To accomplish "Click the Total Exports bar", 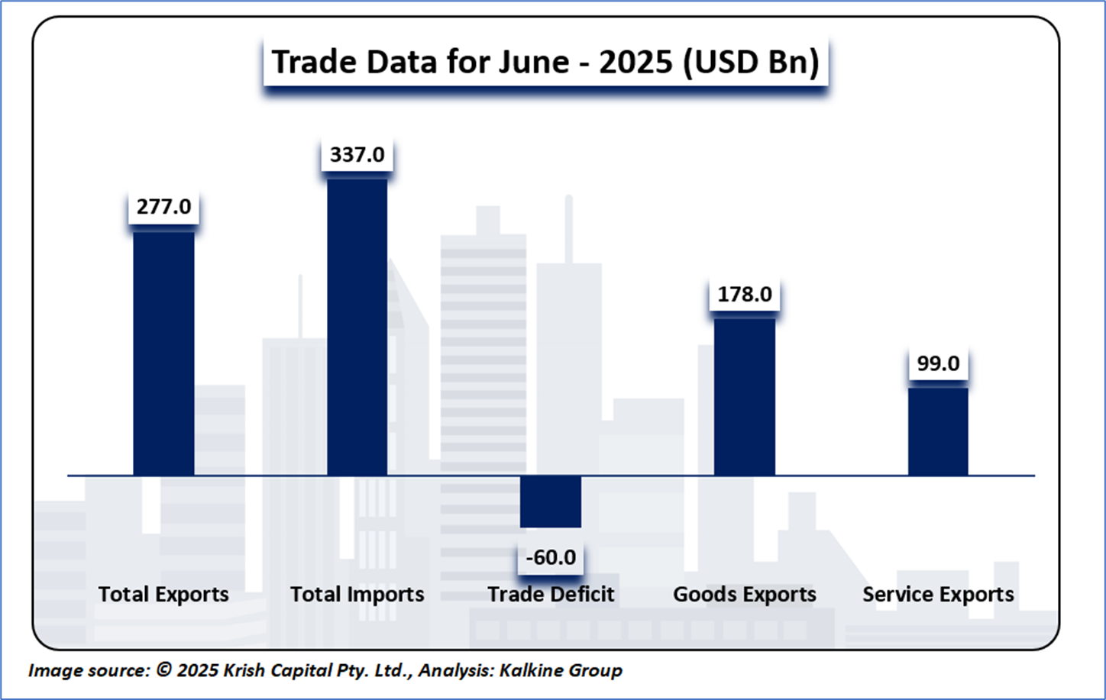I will coord(163,353).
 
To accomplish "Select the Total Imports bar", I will coord(357,327).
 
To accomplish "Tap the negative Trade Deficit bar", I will coord(551,502).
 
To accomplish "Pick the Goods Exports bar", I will coord(744,396).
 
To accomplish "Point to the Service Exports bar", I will coord(938,431).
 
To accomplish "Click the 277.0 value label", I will coord(163,207).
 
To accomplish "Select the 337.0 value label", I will coord(357,155).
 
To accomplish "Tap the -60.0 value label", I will coord(551,557).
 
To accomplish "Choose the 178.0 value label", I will coord(744,294).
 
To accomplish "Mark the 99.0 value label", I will coord(938,363).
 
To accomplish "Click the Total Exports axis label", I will coord(163,595).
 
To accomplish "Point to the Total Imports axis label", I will coord(357,595).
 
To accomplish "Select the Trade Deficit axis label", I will coord(551,595).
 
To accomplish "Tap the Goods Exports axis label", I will coord(744,595).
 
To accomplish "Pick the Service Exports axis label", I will coord(938,595).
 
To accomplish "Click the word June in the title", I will coord(534,62).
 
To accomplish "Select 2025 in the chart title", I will coord(635,62).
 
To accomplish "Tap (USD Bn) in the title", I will coord(750,62).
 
